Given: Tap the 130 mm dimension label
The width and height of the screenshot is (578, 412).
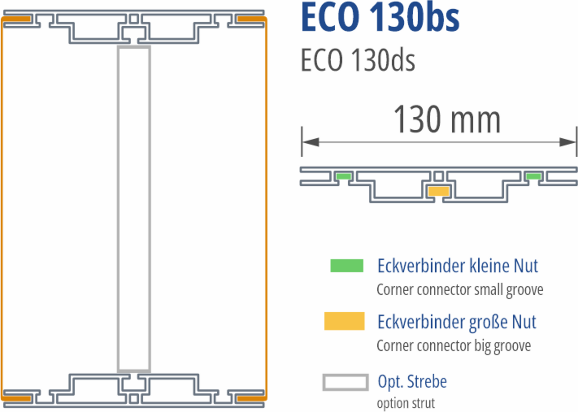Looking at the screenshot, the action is [x=447, y=119].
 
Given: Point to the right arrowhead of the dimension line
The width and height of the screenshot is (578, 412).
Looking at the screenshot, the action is [x=568, y=142].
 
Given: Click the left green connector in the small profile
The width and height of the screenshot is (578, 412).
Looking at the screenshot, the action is [x=343, y=176].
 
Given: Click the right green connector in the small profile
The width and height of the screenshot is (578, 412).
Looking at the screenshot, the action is [x=534, y=176].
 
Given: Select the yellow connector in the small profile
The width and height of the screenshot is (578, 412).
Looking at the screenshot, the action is [x=439, y=191].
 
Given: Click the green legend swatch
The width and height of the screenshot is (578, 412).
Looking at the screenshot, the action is [x=347, y=266].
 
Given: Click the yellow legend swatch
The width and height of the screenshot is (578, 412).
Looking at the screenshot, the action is [x=344, y=321].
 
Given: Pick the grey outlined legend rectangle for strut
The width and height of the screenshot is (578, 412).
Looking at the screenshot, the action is [x=345, y=382].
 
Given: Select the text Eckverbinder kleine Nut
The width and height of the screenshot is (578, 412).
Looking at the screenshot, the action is [x=458, y=266].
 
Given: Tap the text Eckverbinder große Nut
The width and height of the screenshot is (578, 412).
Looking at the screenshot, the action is [x=457, y=322].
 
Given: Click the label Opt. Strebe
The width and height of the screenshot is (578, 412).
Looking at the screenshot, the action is [x=412, y=381].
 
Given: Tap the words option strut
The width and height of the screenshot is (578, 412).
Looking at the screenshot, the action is [x=406, y=403].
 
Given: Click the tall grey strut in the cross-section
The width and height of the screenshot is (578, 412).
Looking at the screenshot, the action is [x=134, y=209].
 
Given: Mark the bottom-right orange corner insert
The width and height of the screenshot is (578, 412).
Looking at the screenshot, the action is [x=251, y=398].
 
